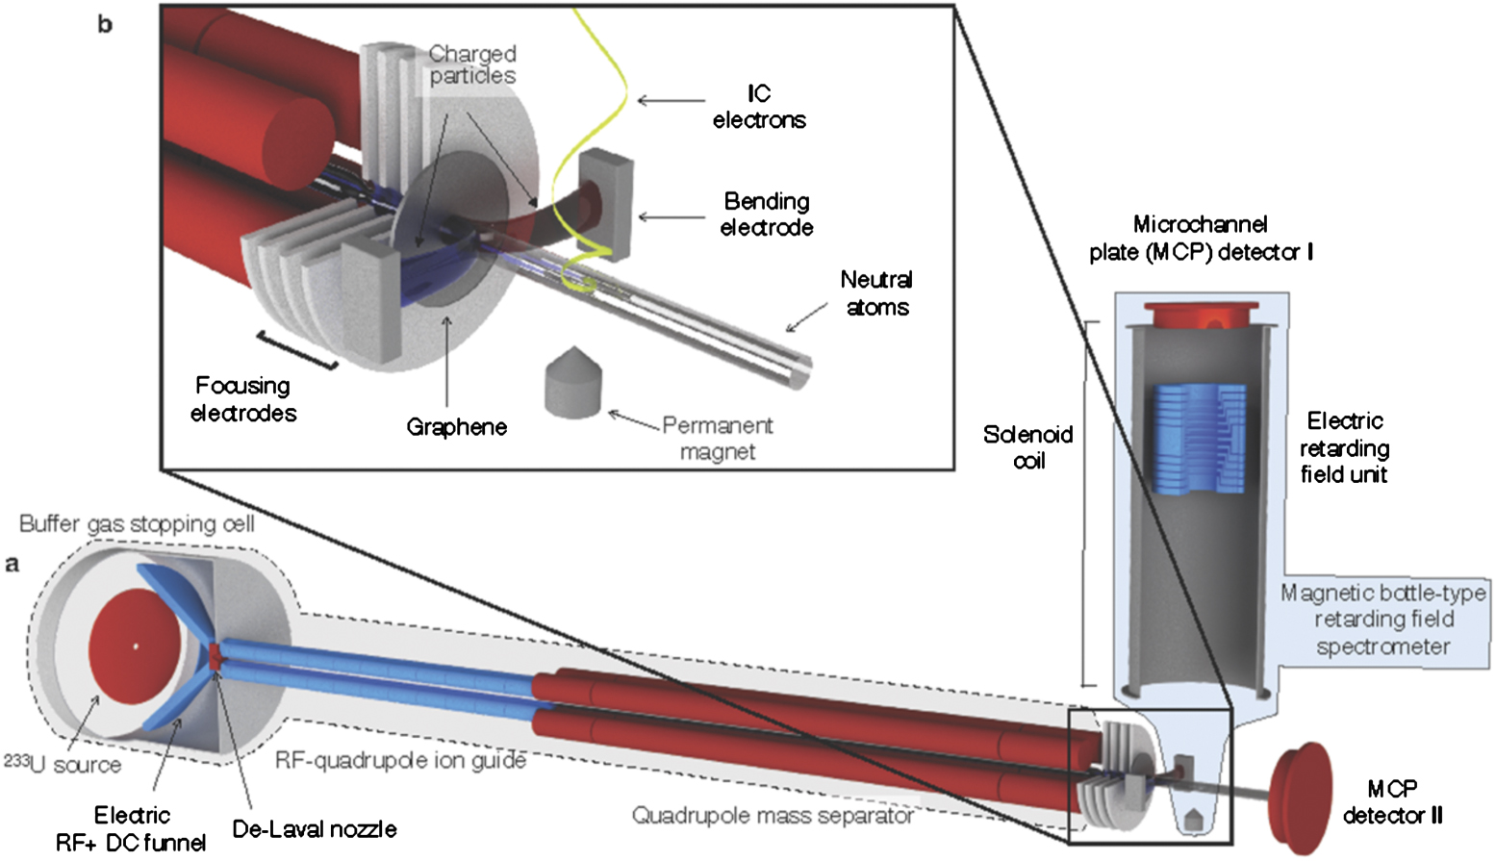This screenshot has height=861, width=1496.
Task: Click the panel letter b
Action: [x=105, y=24]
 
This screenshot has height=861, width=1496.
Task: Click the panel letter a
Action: [x=12, y=564]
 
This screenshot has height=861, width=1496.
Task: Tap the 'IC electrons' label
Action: [x=759, y=107]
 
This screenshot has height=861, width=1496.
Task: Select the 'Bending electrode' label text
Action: [x=767, y=215]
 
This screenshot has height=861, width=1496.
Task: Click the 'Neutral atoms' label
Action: [x=876, y=293]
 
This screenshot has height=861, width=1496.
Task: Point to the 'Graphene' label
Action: [x=456, y=427]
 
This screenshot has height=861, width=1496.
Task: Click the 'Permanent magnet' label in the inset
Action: [x=718, y=439]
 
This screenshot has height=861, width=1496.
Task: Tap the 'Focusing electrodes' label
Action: [x=243, y=399]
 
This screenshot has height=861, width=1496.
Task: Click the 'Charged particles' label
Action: [x=472, y=64]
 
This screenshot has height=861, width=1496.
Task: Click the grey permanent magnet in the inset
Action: [x=572, y=385]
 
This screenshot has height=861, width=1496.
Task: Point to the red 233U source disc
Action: [x=135, y=646]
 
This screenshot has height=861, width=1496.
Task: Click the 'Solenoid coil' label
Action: [x=1027, y=447]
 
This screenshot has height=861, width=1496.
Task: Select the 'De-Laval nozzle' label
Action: [x=315, y=829]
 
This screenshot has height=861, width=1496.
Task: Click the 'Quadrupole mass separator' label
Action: [x=773, y=816]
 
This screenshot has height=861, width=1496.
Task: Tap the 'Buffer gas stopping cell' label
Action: [x=137, y=524]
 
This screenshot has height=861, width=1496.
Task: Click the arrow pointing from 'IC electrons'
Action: [x=671, y=100]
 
